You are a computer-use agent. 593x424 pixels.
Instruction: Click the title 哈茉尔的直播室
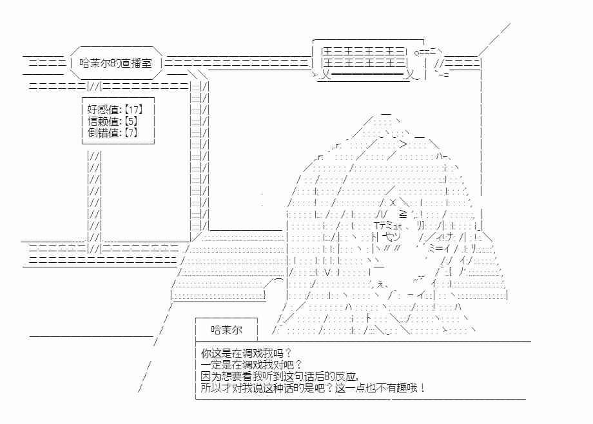point(115,63)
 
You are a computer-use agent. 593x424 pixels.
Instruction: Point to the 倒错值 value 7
point(131,133)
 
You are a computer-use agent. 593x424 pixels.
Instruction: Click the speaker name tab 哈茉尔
point(226,330)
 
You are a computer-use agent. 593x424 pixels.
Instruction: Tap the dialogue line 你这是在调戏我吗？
point(247,353)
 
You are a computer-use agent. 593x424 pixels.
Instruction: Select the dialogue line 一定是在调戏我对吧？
point(252,365)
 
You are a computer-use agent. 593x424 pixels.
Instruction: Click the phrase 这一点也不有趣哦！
point(380,388)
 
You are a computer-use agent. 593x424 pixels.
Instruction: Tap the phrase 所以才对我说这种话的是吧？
point(267,388)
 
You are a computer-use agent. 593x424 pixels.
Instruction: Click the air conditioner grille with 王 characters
point(364,57)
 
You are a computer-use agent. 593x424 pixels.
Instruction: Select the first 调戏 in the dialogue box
point(252,353)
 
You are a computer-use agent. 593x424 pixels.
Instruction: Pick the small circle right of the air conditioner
point(417,53)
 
